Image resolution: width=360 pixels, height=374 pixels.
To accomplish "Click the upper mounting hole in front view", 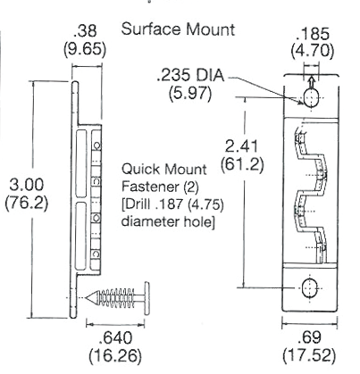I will [x=309, y=96].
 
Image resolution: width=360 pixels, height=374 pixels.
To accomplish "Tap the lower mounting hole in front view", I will [x=309, y=288].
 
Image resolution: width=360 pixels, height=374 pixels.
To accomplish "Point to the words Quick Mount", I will [x=156, y=168].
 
